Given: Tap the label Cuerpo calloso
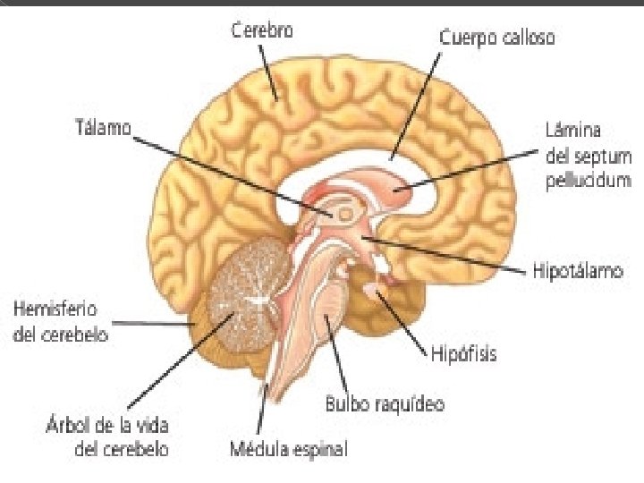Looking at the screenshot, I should (496, 38).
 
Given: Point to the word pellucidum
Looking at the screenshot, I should (588, 180).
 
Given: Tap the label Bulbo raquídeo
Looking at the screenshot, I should (384, 403).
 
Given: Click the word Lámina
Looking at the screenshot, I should (568, 130).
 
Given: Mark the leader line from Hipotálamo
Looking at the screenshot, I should (447, 255).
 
